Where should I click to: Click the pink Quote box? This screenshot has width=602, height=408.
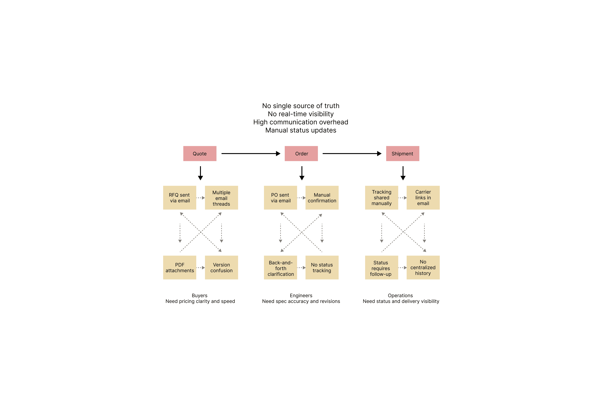click(200, 154)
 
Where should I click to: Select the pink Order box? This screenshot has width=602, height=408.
click(301, 154)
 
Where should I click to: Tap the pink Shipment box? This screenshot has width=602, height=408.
click(403, 154)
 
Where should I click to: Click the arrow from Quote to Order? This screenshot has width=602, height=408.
click(251, 154)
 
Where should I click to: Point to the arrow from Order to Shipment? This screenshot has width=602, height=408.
click(352, 154)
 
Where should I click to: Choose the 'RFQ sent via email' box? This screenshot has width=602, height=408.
click(180, 198)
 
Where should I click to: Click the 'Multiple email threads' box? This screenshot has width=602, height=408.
click(222, 198)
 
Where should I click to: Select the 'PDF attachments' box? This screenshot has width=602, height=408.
click(180, 268)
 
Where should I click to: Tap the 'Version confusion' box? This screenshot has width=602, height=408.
click(222, 268)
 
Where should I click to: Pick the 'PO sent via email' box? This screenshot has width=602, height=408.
click(281, 198)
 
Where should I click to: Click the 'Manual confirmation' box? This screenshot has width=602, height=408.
click(322, 198)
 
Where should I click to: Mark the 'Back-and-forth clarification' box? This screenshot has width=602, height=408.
click(281, 268)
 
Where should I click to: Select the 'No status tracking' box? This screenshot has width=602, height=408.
click(322, 268)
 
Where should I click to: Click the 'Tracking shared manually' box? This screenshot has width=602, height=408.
click(382, 198)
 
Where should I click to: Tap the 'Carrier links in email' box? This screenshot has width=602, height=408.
click(423, 198)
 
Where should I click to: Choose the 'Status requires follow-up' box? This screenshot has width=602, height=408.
click(382, 268)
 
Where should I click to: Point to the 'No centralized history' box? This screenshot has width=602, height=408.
click(423, 268)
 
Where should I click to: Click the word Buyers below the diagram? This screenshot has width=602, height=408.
click(200, 296)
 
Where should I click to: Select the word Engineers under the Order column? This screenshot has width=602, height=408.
click(301, 296)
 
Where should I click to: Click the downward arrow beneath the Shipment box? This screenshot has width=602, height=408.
click(403, 173)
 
